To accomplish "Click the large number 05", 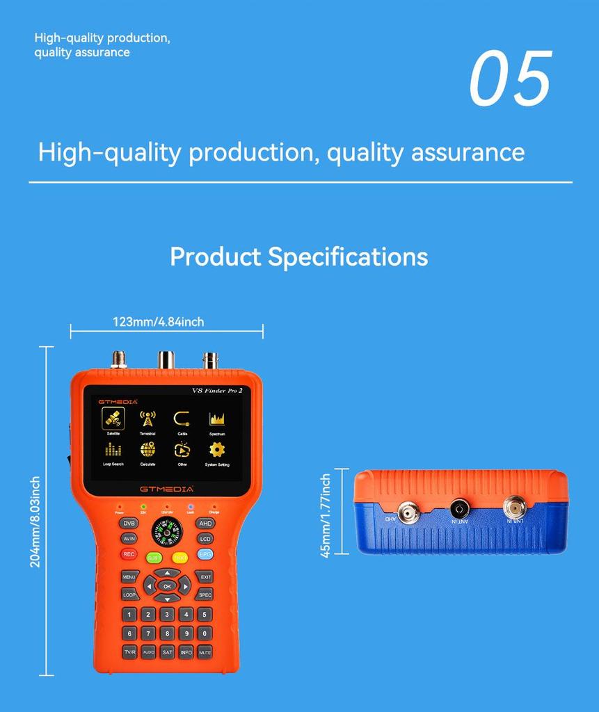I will [510, 78].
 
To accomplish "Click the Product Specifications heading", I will [298, 257].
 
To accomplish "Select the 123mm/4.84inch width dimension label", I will [158, 321].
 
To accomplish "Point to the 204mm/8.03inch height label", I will [35, 521].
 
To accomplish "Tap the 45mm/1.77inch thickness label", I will [326, 516].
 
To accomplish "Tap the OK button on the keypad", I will [167, 585].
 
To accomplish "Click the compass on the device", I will [166, 533].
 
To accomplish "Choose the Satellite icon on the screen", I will [113, 419].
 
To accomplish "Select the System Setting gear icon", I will [217, 450].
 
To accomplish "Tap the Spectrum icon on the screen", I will [217, 419].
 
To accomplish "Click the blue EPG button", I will [205, 554].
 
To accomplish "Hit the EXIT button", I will [205, 576].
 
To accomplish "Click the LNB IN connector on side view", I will [514, 505].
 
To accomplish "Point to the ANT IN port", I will [459, 508].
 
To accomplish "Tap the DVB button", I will [129, 523].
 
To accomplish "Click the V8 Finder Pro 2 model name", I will [217, 391].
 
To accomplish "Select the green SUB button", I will [154, 558].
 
